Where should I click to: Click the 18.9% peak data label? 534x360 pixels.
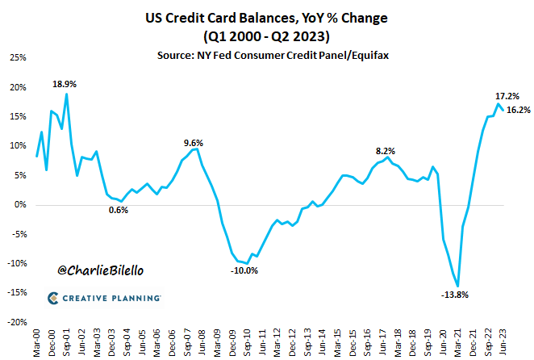coord(65,83)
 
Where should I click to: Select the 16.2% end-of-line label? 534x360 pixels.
coord(518,110)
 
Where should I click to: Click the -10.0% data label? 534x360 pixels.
coord(244,270)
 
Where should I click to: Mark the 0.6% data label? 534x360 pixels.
coord(118,210)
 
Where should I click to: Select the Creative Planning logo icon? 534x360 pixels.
coord(52,299)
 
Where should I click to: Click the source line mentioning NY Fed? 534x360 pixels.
coord(266,53)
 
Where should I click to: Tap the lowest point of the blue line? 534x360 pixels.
coord(458,286)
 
